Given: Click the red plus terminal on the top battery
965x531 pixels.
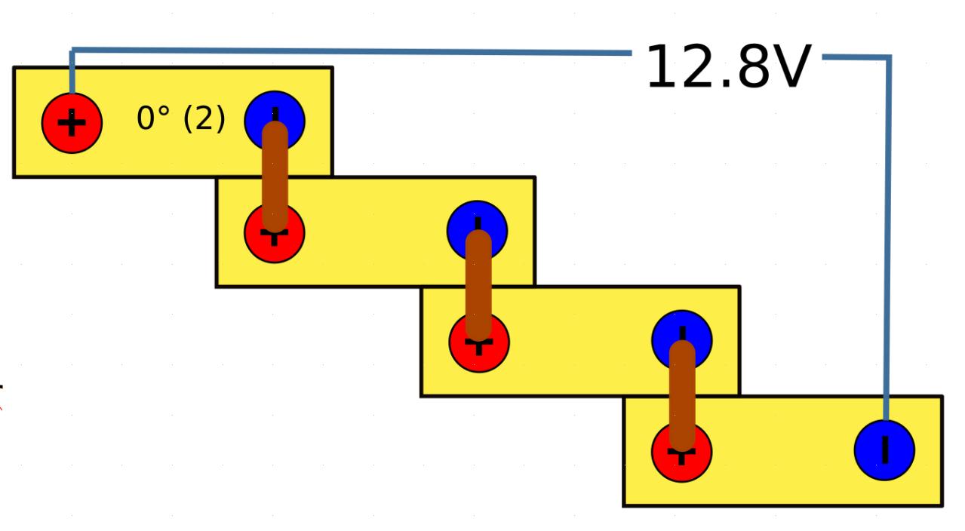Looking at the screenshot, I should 72,123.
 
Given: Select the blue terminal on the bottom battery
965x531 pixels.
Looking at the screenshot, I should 884,450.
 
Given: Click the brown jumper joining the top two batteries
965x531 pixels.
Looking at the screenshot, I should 275,177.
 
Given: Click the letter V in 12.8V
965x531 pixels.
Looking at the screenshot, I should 788,68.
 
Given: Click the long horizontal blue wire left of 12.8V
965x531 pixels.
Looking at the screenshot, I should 347,51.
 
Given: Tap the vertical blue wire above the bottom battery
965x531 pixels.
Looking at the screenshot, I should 887,226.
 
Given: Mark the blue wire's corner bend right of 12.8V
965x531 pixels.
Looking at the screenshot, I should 889,57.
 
